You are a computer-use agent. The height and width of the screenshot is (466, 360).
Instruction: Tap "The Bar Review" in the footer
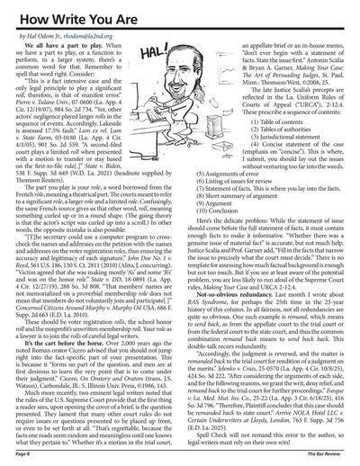coord(334,459)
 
